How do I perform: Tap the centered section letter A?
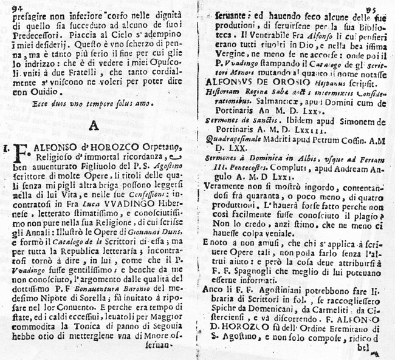94,126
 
